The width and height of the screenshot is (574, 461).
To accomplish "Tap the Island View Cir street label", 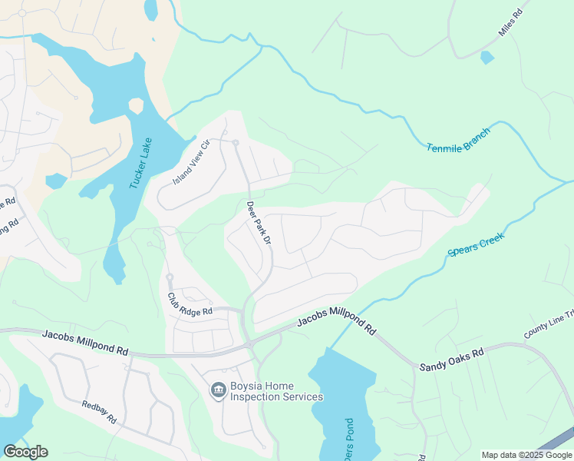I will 191,161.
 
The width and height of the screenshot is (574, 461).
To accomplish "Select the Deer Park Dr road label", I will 259,224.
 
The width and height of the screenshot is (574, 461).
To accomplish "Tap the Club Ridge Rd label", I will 190,304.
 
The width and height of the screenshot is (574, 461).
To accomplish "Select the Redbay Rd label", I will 98,412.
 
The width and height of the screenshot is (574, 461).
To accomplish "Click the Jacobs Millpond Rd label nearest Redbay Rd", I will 85,342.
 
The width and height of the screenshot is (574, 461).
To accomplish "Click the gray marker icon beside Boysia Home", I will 218,391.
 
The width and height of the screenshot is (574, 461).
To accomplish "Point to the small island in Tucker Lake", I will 136,105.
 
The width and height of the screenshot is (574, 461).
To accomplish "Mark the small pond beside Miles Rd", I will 487,57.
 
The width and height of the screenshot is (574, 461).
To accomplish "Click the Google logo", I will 25,452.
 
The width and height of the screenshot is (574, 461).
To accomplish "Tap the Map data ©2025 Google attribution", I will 526,455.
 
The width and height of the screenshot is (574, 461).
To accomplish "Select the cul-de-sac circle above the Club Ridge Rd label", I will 169,277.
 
